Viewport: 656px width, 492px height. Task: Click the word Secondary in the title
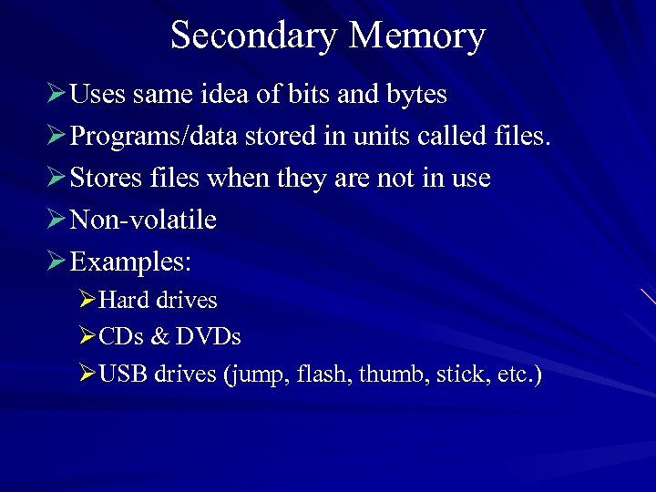254,36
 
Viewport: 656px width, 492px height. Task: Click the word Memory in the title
416,36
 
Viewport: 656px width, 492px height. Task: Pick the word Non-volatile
143,220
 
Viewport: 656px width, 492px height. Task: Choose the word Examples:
131,262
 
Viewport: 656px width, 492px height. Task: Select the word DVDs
210,337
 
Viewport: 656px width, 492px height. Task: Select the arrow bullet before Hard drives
87,300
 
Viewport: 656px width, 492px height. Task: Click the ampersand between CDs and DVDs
160,337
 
